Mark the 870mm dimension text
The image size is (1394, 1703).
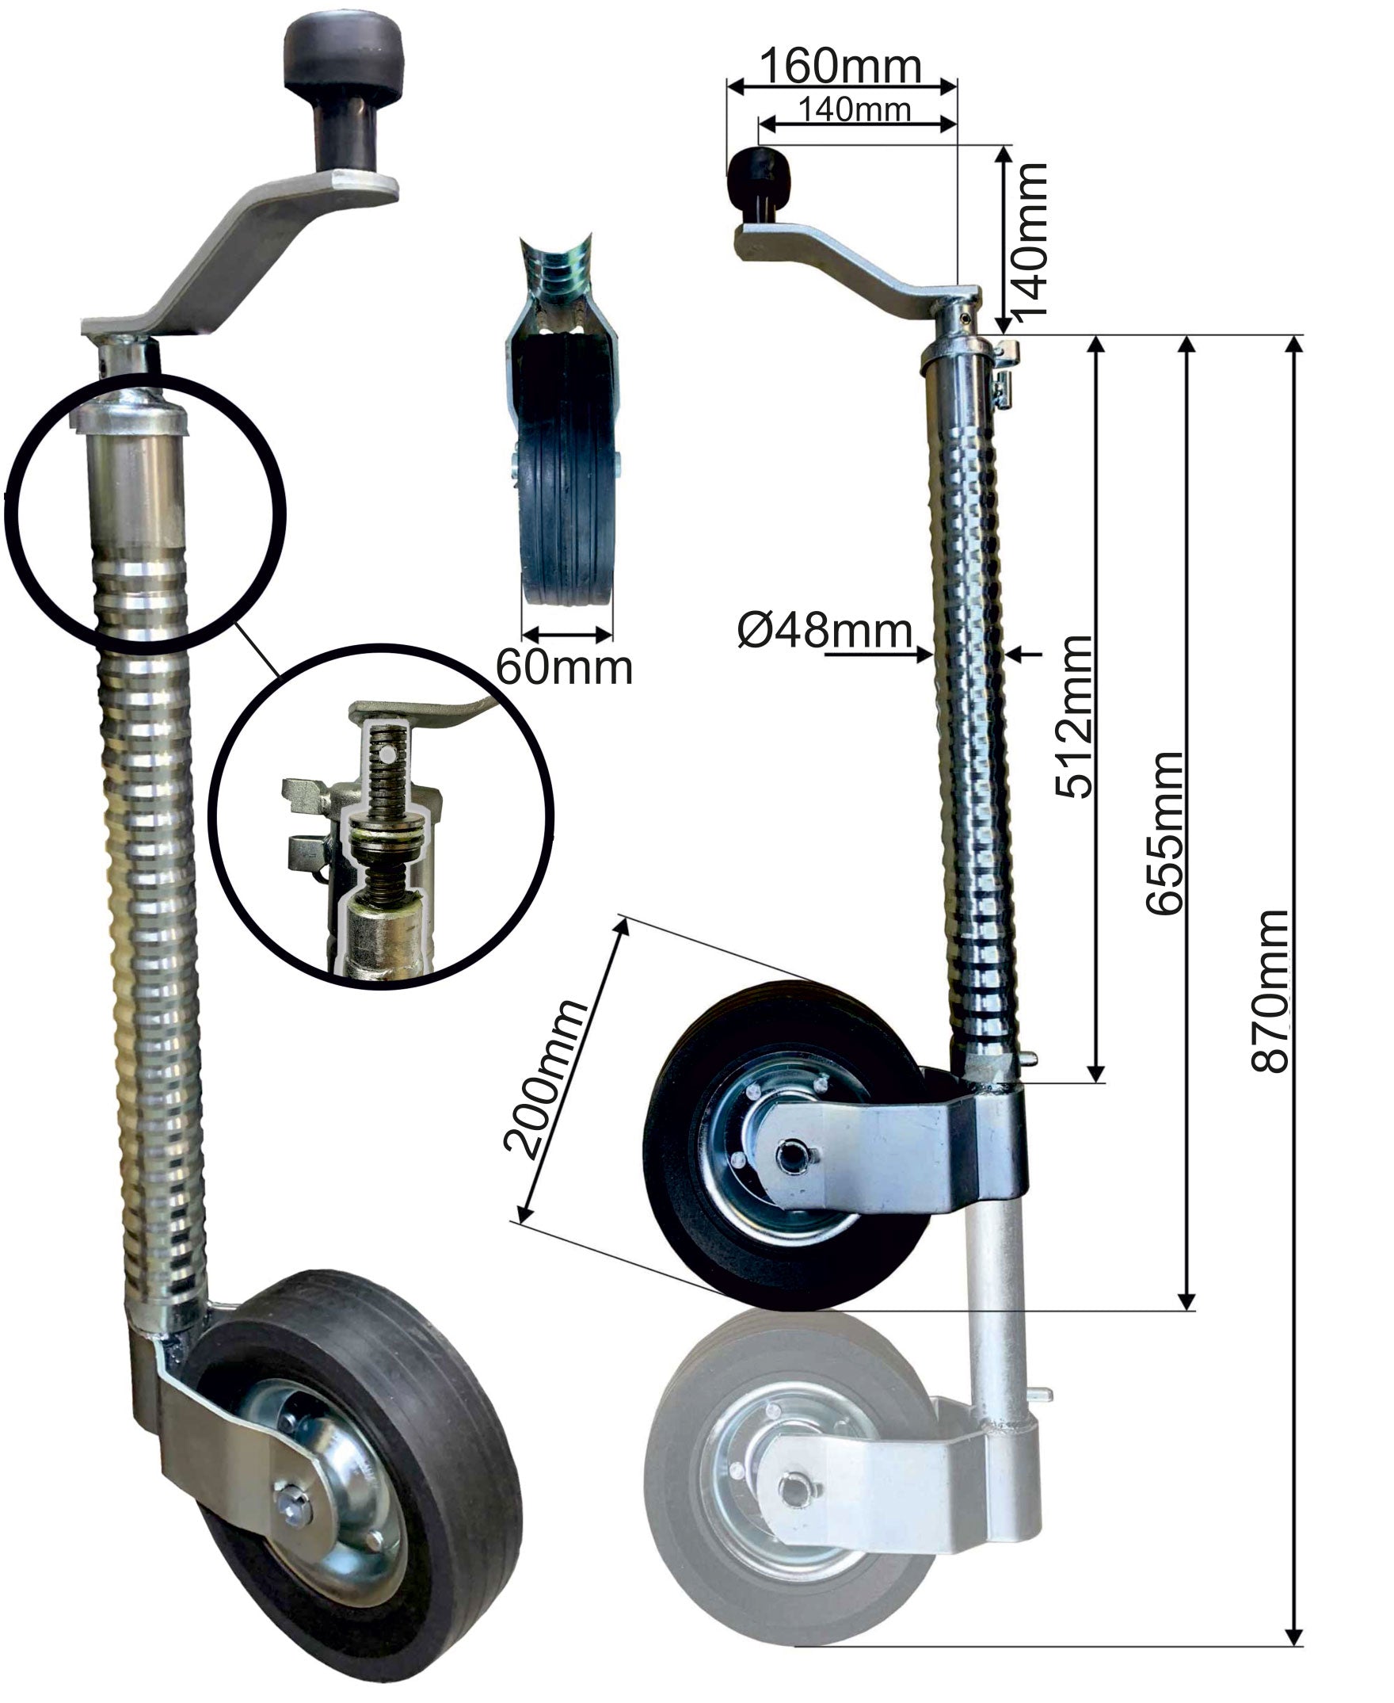[x=1271, y=992]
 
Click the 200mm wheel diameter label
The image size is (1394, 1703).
[x=545, y=1079]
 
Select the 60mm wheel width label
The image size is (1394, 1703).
[x=565, y=666]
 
